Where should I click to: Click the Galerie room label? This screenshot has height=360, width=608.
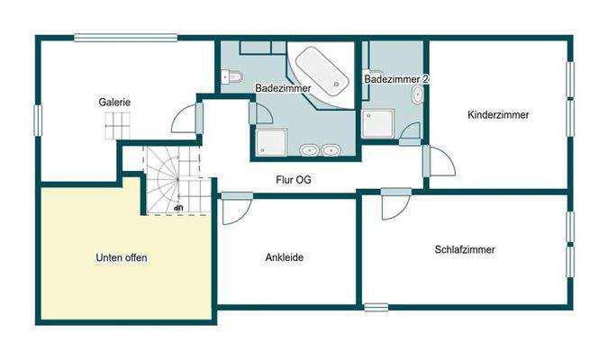pos(114,103)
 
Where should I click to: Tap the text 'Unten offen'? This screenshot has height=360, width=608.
pos(121,258)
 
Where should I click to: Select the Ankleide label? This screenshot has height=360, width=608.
pos(284,257)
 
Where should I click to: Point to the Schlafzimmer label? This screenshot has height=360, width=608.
pos(465,250)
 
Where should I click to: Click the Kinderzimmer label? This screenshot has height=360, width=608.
pos(497,115)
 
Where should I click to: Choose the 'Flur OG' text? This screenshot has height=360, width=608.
pos(295,178)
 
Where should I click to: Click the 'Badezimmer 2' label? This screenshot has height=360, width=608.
pos(396,80)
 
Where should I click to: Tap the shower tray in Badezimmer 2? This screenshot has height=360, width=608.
pos(378,122)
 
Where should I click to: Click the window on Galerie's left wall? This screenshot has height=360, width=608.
pos(37,120)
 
